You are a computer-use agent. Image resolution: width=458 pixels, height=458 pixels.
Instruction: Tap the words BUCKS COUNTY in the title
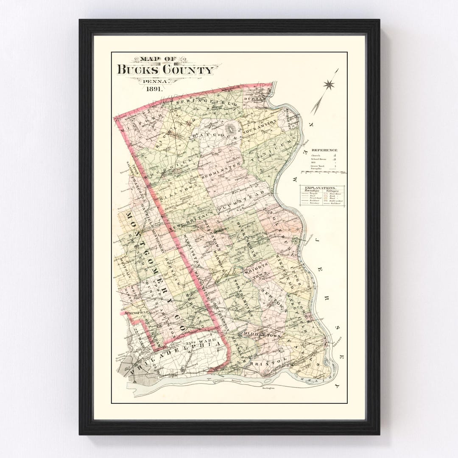click(165, 70)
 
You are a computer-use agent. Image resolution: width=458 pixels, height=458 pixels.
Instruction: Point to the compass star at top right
click(328, 84)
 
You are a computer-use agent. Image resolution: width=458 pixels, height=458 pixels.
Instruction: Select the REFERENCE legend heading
click(324, 150)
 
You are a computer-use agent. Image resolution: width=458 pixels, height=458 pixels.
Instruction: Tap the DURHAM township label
click(254, 98)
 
